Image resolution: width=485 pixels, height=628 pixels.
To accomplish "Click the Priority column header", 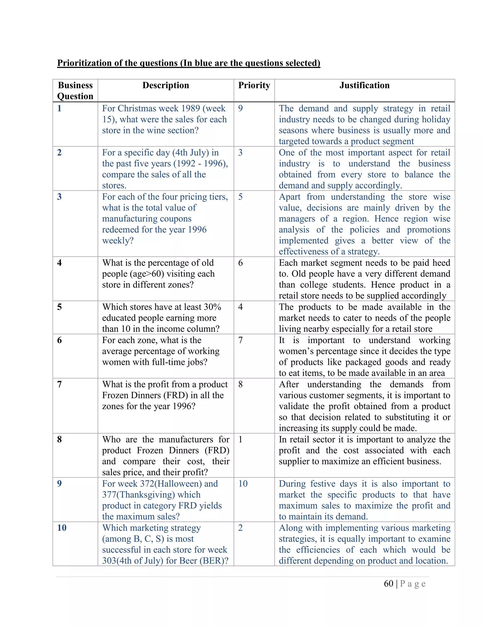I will click(254, 85).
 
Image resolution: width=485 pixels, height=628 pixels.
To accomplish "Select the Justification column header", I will click(364, 85).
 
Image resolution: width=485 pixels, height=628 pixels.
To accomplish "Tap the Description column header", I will click(166, 85).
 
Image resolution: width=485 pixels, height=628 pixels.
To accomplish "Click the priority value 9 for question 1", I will click(241, 108).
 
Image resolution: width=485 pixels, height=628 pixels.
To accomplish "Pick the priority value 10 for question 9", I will click(243, 484).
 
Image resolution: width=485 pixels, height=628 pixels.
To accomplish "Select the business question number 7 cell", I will click(59, 384).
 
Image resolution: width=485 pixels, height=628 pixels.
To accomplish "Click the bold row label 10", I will click(62, 528).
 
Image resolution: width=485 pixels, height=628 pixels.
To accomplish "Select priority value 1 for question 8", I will click(241, 439).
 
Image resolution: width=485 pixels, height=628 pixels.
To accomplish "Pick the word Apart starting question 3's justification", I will click(290, 197).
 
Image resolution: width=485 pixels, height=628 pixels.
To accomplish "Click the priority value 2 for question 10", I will click(241, 528).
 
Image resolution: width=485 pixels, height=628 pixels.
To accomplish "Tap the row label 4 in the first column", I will click(59, 263).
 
